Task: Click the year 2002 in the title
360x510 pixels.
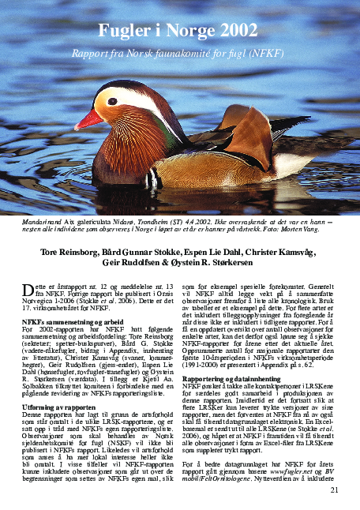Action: pos(239,32)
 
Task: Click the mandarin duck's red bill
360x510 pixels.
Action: pos(88,119)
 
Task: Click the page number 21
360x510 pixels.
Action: pos(334,490)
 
